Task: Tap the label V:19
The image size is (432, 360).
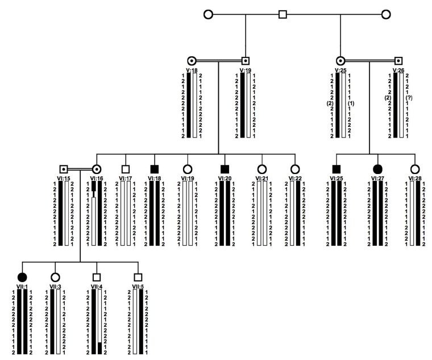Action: point(246,70)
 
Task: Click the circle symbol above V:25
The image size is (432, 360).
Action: point(340,59)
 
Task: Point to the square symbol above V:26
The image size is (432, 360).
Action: point(399,59)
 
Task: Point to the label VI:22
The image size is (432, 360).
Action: point(295,179)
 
